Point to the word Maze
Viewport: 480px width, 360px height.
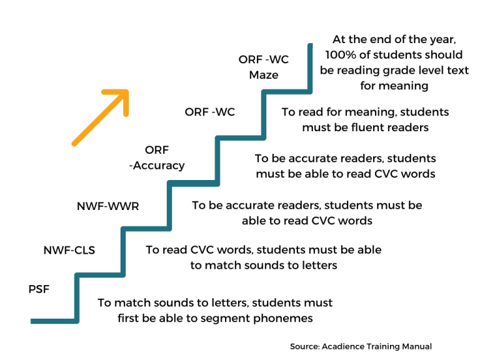[264, 75]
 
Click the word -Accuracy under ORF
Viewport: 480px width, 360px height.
[157, 166]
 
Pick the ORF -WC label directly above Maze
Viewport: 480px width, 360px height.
[264, 60]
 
